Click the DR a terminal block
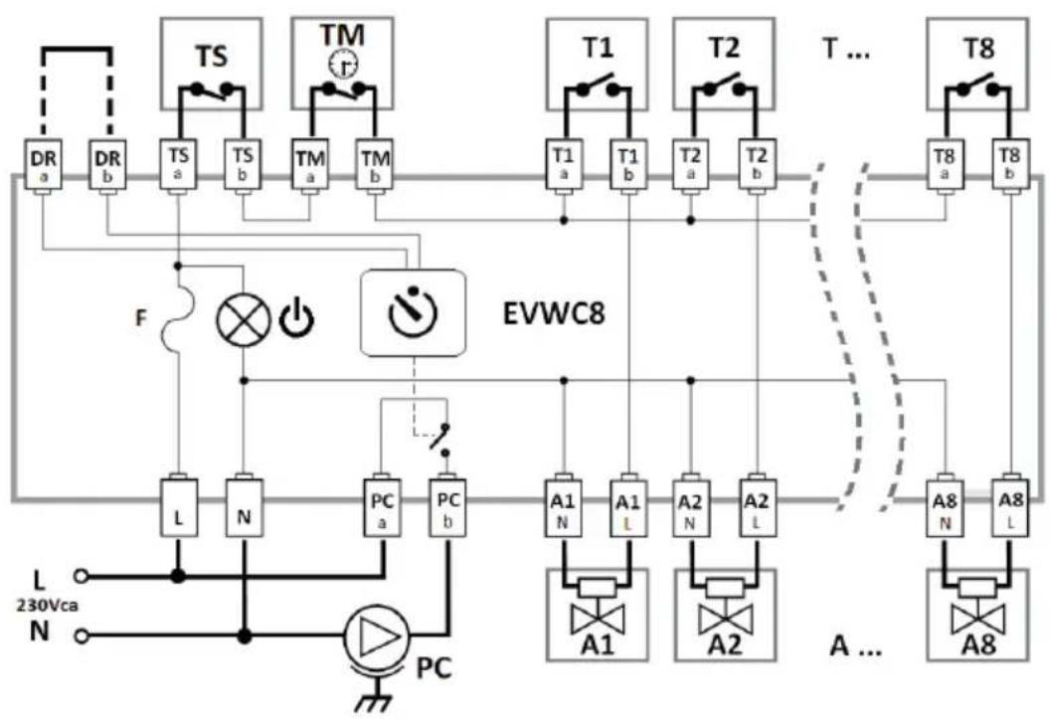point(44,165)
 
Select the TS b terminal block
point(243,165)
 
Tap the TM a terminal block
point(309,165)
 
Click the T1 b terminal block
point(628,165)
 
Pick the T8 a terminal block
point(945,165)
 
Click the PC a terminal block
point(383,507)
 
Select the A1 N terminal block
point(563,507)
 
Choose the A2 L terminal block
point(758,507)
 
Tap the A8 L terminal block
point(1010,507)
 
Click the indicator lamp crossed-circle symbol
point(244,320)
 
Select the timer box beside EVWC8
point(414,312)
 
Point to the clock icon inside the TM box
point(343,65)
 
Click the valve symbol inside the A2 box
point(725,612)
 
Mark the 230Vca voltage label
point(47,606)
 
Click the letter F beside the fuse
point(140,318)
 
